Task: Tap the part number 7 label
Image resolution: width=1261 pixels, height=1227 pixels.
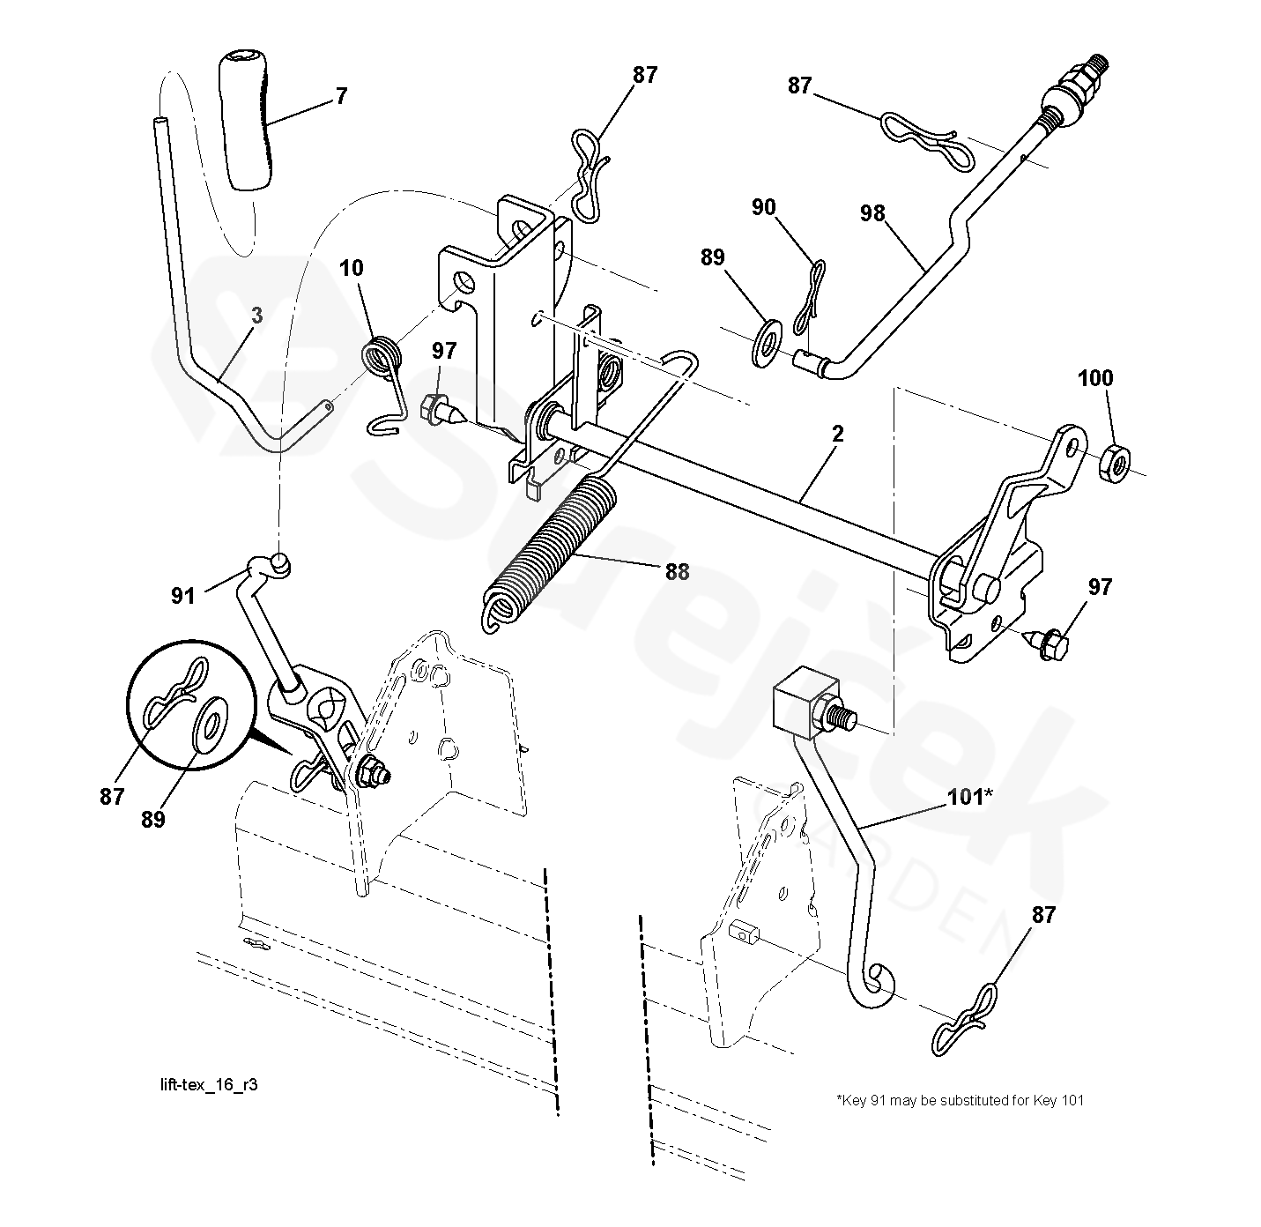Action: [341, 96]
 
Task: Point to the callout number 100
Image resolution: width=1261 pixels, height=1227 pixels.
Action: [1095, 379]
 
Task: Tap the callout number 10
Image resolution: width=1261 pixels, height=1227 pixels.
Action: [351, 268]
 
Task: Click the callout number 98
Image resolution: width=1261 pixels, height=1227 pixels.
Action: [872, 213]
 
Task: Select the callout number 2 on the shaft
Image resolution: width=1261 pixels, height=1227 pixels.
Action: [837, 434]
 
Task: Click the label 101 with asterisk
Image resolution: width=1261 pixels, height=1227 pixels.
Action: [969, 797]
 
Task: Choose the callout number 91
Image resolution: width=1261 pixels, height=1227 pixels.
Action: [182, 597]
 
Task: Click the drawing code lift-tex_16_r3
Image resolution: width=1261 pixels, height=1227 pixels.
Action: [204, 1085]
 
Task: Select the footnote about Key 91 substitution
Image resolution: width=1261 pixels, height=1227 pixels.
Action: [960, 1100]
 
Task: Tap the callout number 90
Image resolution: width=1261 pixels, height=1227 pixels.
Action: [763, 207]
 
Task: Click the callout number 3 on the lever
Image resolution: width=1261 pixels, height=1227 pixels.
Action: [256, 316]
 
